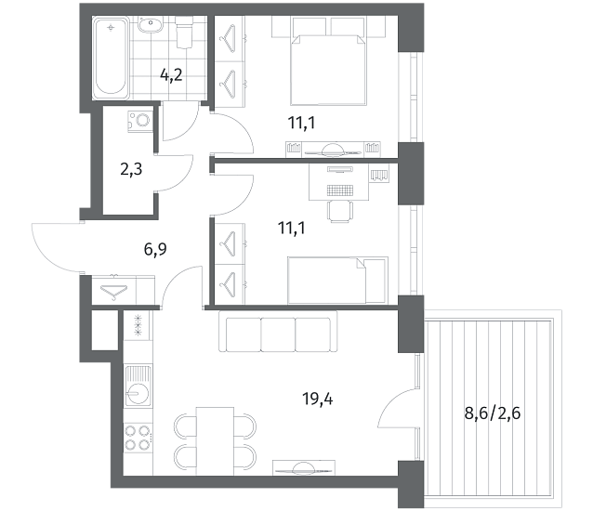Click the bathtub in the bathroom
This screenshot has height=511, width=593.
click(110, 58)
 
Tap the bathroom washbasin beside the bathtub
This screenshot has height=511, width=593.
click(151, 25)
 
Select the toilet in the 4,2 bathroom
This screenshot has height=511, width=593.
click(184, 33)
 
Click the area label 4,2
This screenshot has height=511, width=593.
click(171, 75)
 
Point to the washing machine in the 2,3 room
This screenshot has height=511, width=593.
click(140, 121)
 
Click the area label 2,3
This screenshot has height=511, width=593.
click(131, 169)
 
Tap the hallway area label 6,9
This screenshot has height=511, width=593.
click(155, 249)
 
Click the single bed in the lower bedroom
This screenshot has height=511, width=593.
click(337, 281)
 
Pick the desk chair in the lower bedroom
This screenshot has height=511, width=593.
click(340, 212)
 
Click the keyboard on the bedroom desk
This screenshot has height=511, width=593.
click(340, 190)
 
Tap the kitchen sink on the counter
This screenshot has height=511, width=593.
click(138, 386)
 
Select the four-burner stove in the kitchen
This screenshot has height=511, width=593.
click(138, 438)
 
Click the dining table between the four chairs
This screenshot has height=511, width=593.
click(216, 440)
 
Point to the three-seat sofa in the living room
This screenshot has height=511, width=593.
click(278, 331)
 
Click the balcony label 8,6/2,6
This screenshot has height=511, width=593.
click(493, 413)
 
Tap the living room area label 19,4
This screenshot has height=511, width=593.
click(318, 399)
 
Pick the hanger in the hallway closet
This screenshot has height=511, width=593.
click(114, 292)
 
